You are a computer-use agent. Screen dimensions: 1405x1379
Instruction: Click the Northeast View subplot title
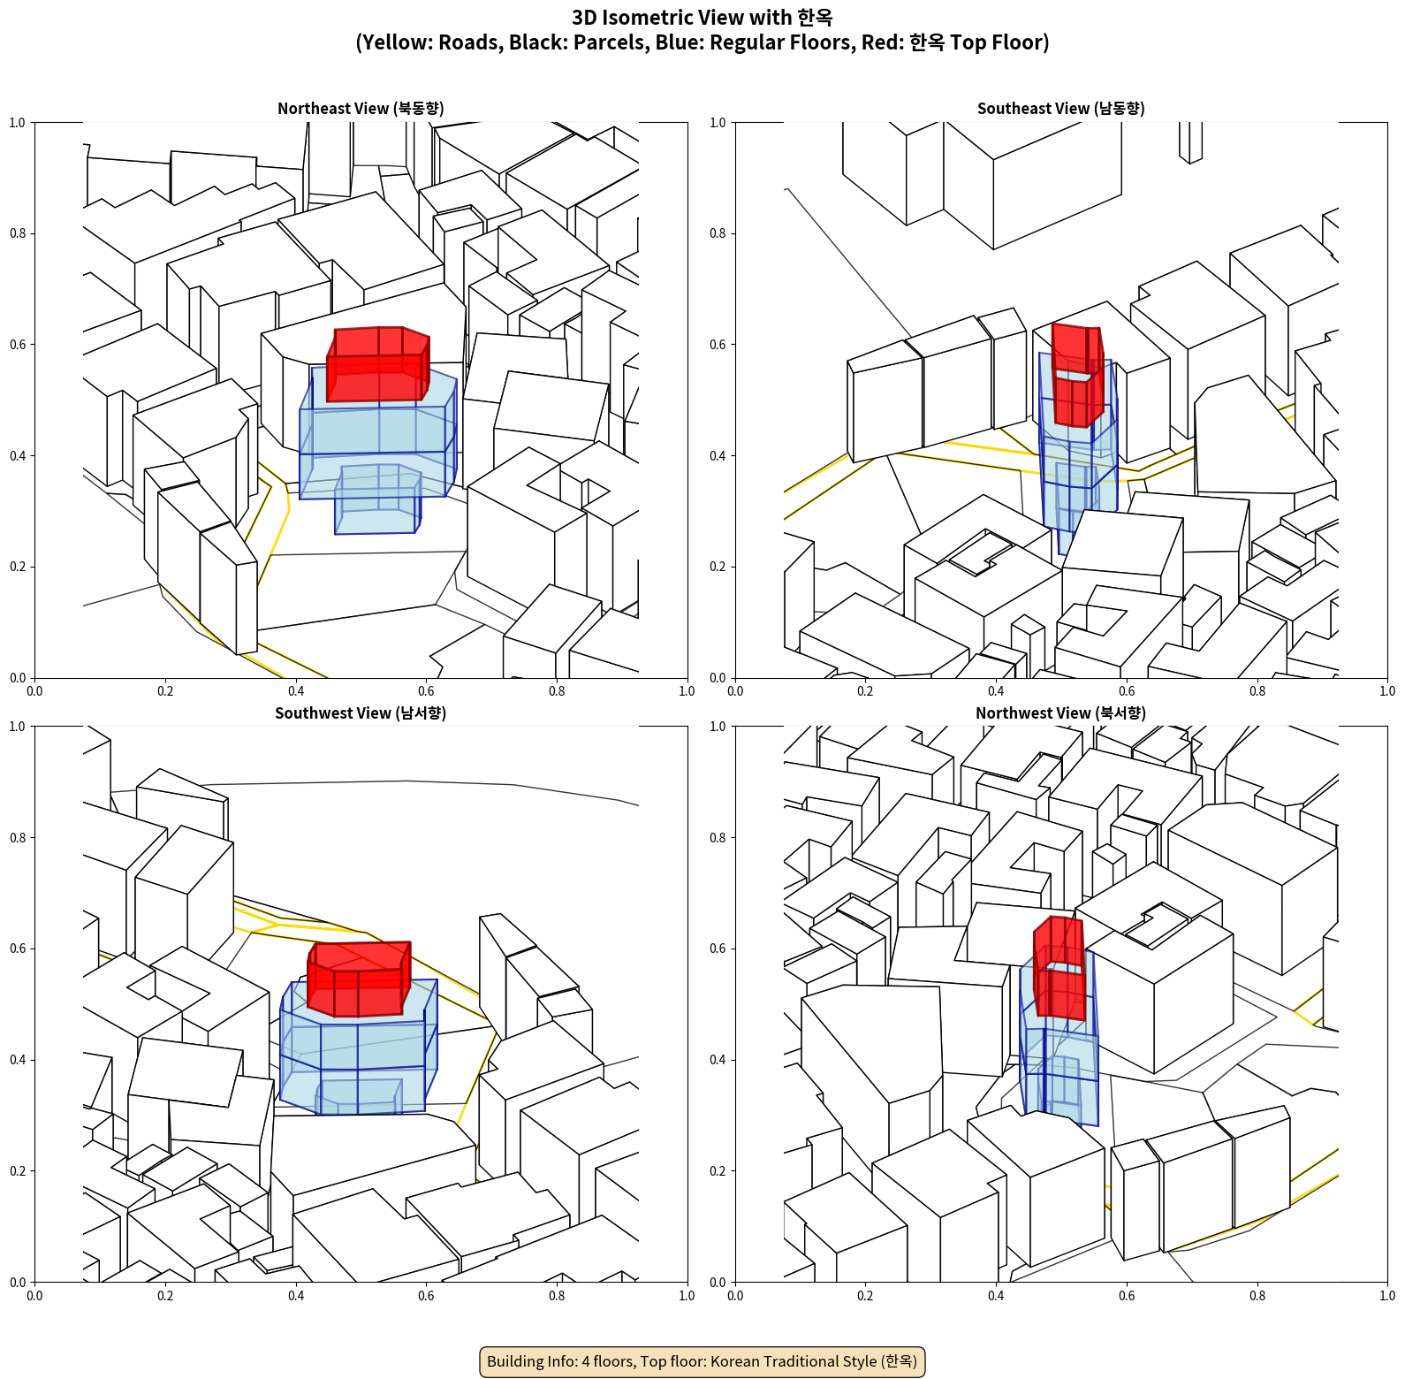(361, 108)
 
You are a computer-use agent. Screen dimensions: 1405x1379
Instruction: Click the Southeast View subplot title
(1060, 108)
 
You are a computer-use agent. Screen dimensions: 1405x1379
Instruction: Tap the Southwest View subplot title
(361, 712)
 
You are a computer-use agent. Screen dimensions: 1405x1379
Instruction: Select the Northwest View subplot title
(1060, 712)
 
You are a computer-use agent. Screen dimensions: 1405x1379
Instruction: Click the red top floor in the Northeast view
(377, 364)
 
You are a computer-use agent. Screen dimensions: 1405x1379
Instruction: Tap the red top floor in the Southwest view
(359, 979)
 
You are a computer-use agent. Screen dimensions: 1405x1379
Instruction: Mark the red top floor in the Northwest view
(1059, 968)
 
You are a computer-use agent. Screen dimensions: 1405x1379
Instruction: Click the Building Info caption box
(702, 1361)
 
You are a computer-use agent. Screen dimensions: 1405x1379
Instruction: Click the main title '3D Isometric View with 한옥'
(702, 18)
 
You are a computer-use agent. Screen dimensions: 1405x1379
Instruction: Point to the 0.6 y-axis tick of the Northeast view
(18, 345)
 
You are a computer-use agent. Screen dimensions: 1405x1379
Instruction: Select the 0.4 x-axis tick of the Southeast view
(996, 691)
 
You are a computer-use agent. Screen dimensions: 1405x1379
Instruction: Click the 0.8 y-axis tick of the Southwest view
(18, 837)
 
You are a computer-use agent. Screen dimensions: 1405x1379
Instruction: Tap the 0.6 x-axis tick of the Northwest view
(1127, 1296)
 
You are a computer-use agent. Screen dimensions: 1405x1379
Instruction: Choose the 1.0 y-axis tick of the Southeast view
(718, 123)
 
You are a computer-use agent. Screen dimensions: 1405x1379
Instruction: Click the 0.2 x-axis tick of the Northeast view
(165, 691)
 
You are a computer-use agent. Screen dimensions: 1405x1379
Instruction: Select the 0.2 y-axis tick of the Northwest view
(718, 1171)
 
